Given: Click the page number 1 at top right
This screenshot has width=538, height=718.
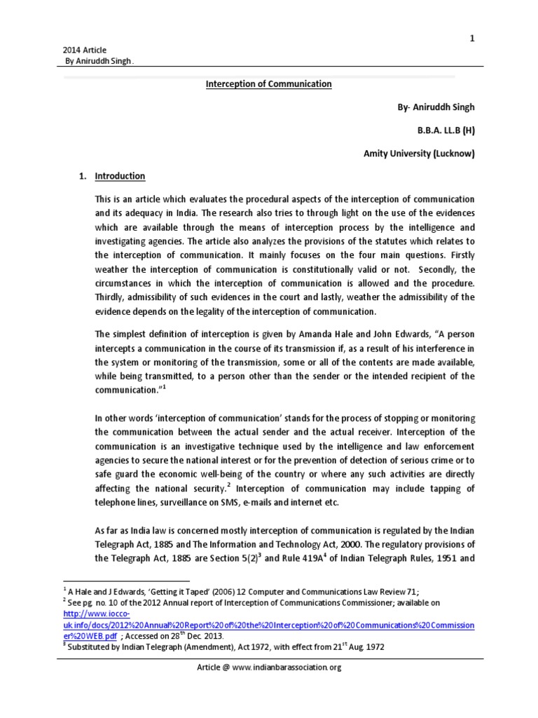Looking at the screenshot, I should click(472, 20).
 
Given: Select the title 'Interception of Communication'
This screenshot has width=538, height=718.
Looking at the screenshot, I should click(268, 84).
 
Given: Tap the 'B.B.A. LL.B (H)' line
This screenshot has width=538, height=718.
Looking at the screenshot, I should click(440, 130).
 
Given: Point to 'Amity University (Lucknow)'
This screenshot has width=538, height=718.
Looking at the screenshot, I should click(419, 153).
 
